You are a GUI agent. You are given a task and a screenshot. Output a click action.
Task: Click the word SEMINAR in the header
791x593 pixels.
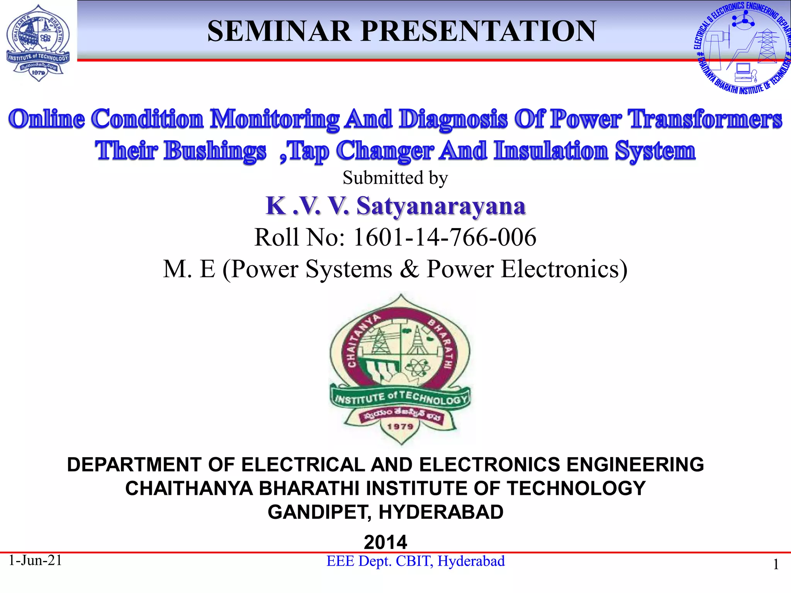[279, 31]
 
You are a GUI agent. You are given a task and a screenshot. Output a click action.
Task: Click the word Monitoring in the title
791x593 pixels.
[274, 119]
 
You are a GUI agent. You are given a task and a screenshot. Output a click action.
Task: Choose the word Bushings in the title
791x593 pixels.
[215, 151]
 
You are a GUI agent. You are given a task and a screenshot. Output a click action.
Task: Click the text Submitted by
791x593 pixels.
[395, 178]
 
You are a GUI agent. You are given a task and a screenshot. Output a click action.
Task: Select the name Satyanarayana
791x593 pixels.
[441, 206]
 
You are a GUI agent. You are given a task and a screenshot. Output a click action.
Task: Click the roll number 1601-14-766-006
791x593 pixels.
[445, 237]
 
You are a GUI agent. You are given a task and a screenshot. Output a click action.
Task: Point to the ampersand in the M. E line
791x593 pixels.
[409, 269]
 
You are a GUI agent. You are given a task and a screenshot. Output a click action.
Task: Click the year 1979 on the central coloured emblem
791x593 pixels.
[400, 426]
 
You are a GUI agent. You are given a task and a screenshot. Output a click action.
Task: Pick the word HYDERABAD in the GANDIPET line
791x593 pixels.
[441, 512]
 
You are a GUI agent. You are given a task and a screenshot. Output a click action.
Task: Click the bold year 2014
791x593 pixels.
[385, 542]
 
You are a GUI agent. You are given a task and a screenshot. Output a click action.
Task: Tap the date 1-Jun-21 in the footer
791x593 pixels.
[35, 560]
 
